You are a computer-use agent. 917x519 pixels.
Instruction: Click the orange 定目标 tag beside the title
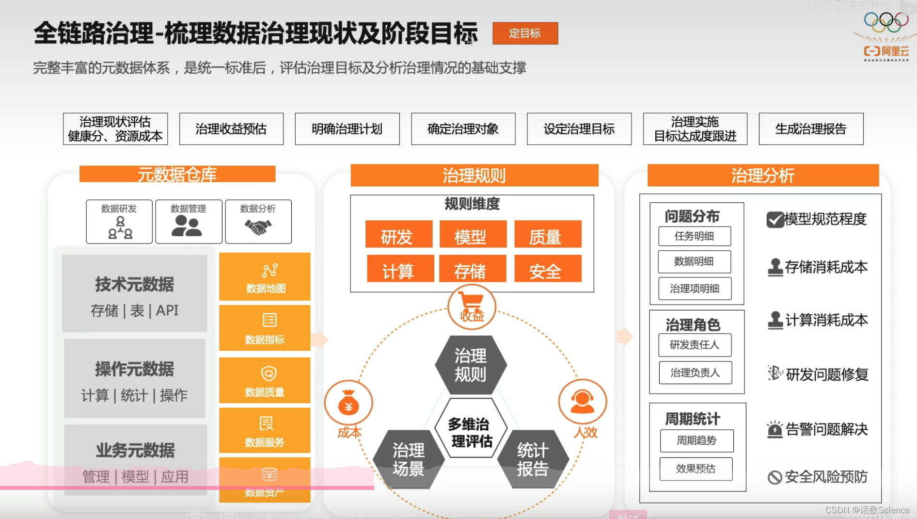click(x=525, y=33)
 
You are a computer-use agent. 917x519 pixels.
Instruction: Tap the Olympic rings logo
click(x=886, y=22)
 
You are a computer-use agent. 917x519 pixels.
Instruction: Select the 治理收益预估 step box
click(x=231, y=129)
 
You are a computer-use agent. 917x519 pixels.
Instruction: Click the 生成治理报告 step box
click(x=811, y=129)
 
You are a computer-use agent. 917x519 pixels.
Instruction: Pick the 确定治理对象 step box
click(x=463, y=129)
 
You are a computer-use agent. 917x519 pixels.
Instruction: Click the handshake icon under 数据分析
click(x=258, y=227)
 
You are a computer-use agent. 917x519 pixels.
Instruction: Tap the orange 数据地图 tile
click(x=265, y=276)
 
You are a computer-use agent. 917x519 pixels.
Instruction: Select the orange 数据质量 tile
click(x=265, y=380)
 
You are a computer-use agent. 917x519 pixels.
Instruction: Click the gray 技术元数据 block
click(x=135, y=294)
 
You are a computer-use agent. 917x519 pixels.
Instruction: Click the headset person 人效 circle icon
click(x=582, y=402)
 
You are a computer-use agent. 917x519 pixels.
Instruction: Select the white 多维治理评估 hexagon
click(x=470, y=429)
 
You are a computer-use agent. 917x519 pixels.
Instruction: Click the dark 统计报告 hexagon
click(x=533, y=459)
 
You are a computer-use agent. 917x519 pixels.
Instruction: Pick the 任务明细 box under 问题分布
click(x=694, y=236)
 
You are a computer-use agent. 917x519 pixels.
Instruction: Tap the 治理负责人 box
click(x=695, y=373)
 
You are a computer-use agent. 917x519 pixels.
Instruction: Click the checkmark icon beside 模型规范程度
click(x=775, y=220)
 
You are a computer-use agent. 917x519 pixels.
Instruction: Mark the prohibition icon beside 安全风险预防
click(x=775, y=477)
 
